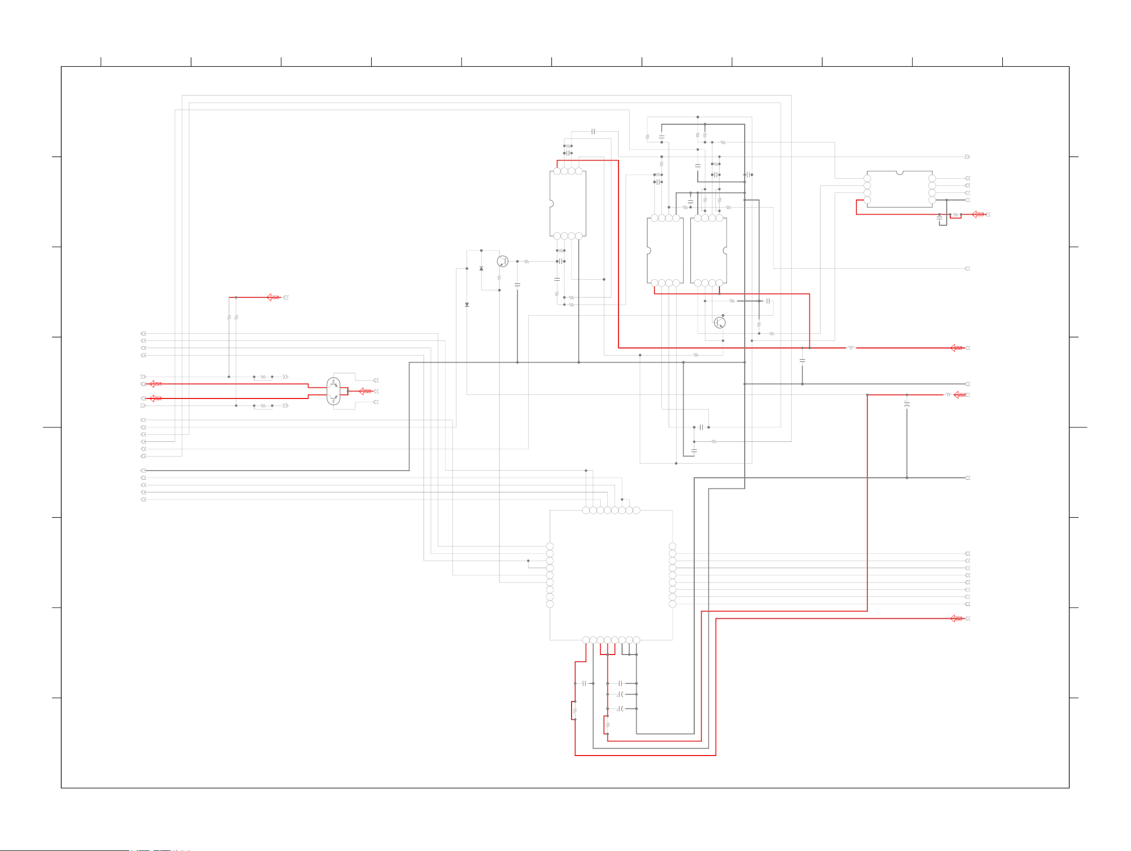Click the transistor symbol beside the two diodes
pos(502,261)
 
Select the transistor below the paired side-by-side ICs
pos(719,323)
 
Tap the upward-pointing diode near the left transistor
pos(481,269)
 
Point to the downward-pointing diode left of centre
pos(467,305)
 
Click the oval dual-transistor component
pos(333,391)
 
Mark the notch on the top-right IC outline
pos(899,173)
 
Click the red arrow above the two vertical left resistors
pos(273,297)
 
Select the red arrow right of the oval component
pos(365,391)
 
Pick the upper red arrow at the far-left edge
pos(156,384)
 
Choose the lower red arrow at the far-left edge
pos(156,398)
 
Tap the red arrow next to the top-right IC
pos(978,214)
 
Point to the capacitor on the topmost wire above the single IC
pos(593,131)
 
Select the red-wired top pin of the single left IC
pos(557,171)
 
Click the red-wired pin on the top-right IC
pos(867,200)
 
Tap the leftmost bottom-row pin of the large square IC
pos(586,640)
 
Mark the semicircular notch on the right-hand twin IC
pos(725,251)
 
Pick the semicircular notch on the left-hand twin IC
pos(649,251)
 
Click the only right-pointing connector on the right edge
pos(967,157)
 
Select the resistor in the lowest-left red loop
pos(575,711)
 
